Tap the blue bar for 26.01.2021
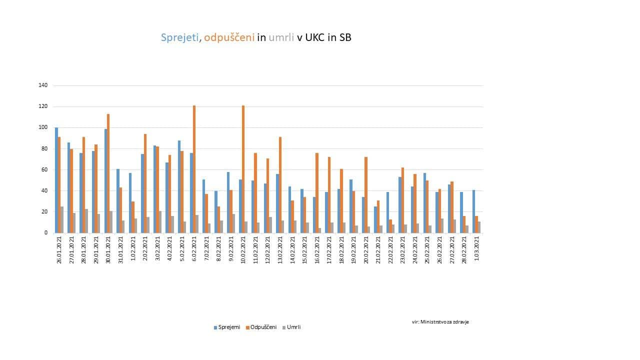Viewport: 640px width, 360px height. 56,180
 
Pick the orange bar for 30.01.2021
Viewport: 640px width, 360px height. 108,173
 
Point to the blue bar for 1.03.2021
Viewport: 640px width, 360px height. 473,211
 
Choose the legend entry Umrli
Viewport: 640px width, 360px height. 293,327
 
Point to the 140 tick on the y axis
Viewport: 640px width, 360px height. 43,85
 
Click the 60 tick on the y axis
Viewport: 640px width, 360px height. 44,169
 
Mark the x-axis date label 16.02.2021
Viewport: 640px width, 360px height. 317,250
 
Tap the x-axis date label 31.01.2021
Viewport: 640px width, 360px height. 120,250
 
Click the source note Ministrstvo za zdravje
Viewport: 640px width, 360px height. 444,322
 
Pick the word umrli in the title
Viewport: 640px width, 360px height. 281,37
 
